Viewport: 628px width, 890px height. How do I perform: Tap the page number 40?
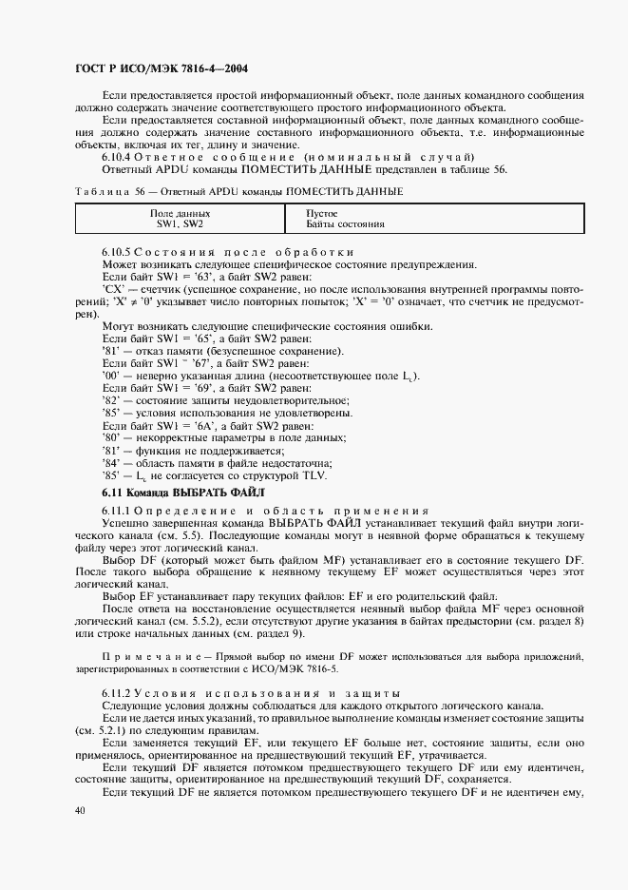(x=80, y=810)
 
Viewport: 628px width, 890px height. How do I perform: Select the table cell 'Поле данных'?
(x=180, y=214)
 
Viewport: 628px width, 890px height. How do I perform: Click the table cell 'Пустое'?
(x=323, y=214)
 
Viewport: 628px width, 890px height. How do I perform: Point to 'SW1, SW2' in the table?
(x=180, y=225)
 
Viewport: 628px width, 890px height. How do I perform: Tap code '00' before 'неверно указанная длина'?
(x=109, y=376)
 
